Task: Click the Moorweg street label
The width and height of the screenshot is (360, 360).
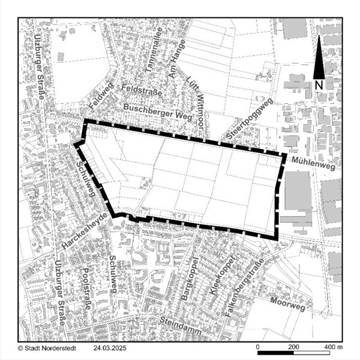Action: coord(287,304)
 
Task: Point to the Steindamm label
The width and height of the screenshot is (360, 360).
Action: coord(179,323)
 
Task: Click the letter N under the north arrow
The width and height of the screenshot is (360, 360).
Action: coord(319,85)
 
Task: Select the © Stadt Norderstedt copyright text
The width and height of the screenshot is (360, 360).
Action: coord(46,348)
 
